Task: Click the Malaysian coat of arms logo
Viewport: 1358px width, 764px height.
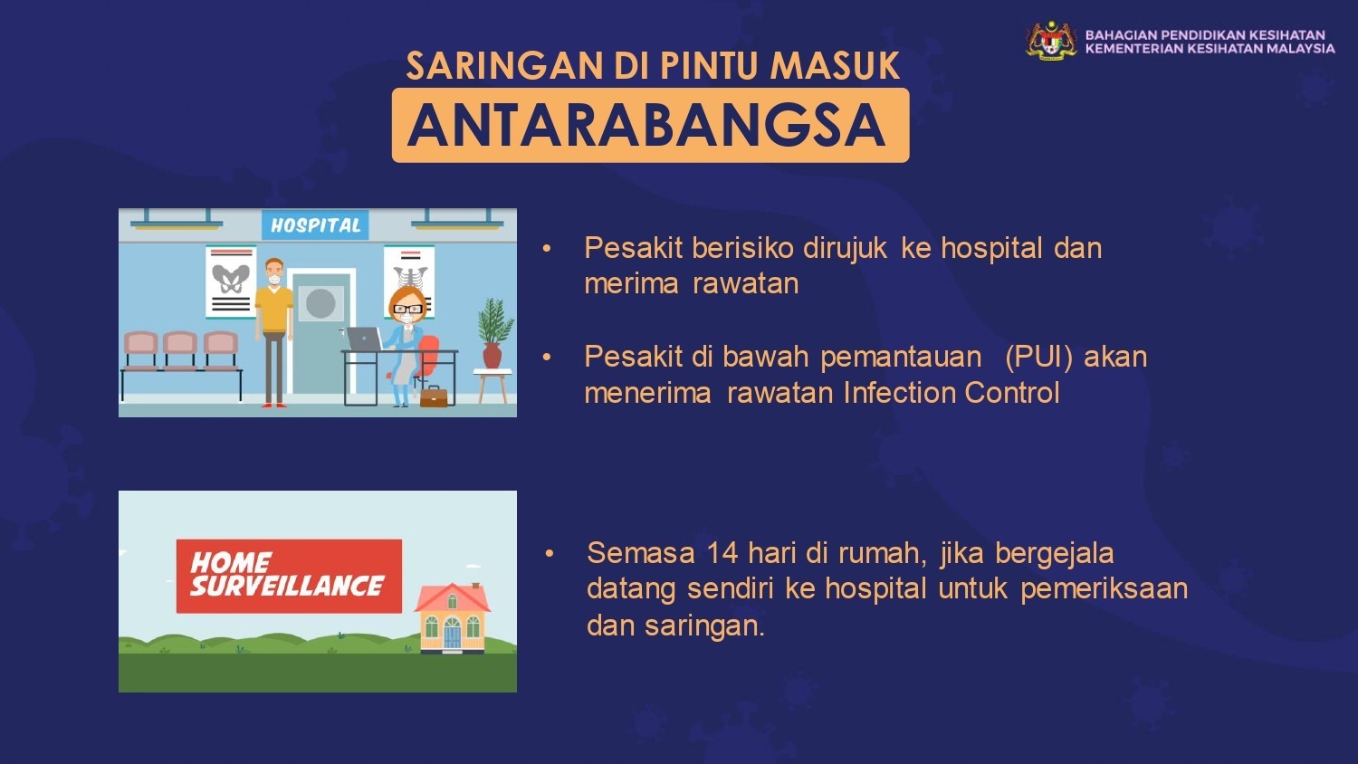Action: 1051,42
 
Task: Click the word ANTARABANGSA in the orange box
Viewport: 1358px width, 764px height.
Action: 647,126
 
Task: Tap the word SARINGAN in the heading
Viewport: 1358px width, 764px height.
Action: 505,65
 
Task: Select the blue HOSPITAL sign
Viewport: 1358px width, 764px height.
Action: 315,225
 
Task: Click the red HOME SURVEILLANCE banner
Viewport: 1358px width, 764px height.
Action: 289,576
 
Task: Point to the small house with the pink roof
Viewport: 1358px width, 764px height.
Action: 453,617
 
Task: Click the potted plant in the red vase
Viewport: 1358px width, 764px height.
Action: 494,333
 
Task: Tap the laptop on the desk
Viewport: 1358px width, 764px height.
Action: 365,339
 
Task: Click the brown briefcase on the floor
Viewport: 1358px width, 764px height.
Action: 434,396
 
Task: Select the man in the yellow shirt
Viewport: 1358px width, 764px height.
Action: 274,332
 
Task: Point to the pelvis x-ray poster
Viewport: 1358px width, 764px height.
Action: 230,282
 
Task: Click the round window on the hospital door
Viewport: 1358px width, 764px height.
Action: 320,303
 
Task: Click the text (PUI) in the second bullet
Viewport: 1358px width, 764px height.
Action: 1038,358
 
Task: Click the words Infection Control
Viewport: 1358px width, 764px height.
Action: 952,393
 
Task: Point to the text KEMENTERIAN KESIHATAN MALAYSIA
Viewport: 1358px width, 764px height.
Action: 1210,49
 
